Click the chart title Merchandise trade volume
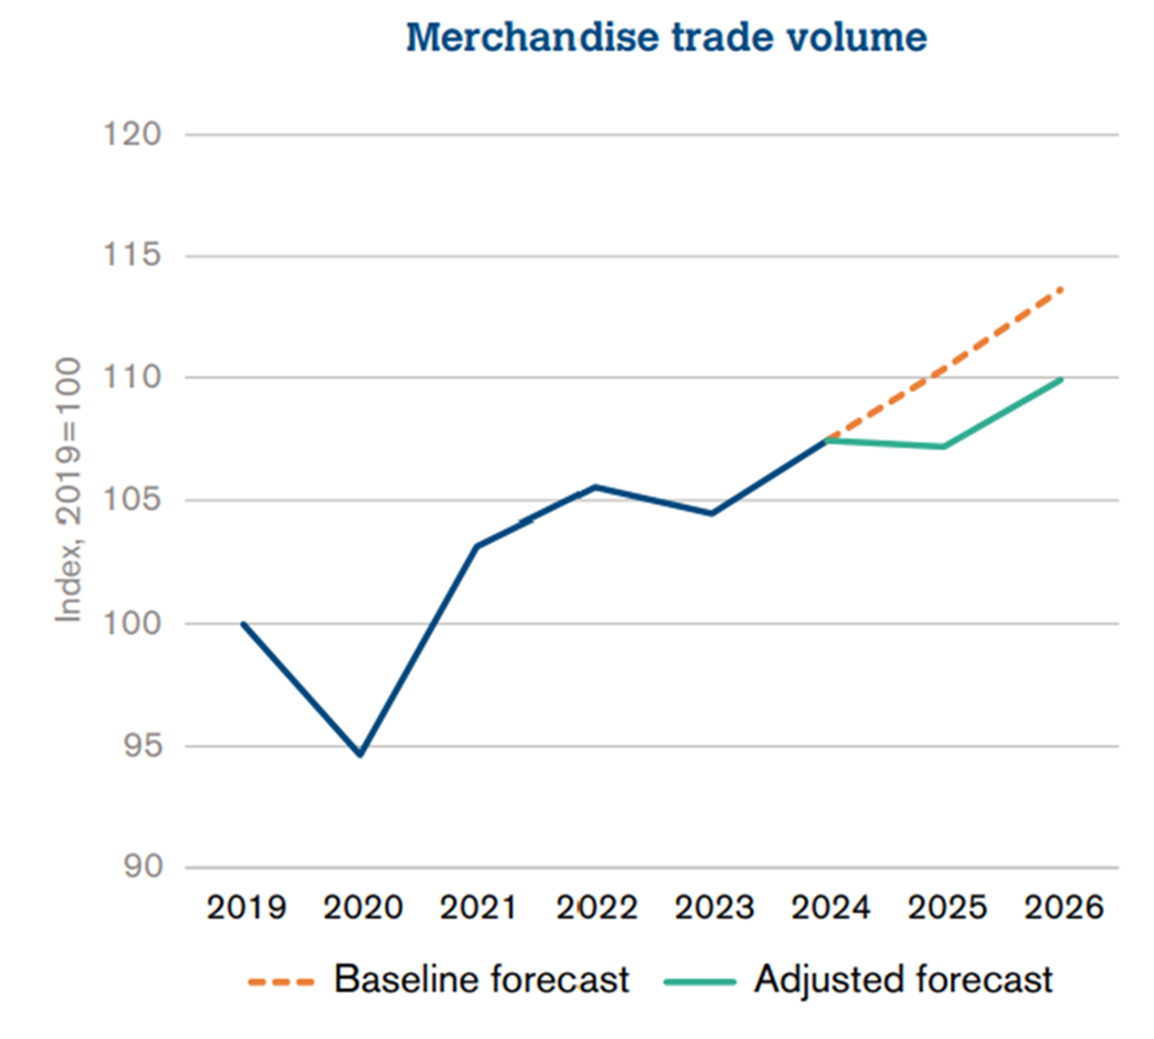tap(667, 38)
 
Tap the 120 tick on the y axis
tap(132, 133)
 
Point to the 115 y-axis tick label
tap(132, 256)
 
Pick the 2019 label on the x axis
tap(246, 908)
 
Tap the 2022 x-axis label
tap(596, 908)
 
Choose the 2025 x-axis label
tap(946, 908)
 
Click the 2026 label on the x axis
tap(1062, 908)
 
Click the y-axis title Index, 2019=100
tap(68, 490)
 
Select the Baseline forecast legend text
tap(481, 979)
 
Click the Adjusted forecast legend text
tap(903, 979)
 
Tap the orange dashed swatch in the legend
tap(282, 981)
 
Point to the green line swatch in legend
tap(699, 981)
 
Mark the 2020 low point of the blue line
tap(360, 754)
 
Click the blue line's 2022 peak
tap(595, 487)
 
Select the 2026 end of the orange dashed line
tap(1062, 289)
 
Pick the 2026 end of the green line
tap(1062, 379)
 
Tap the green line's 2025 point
tap(943, 447)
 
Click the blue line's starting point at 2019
tap(243, 624)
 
